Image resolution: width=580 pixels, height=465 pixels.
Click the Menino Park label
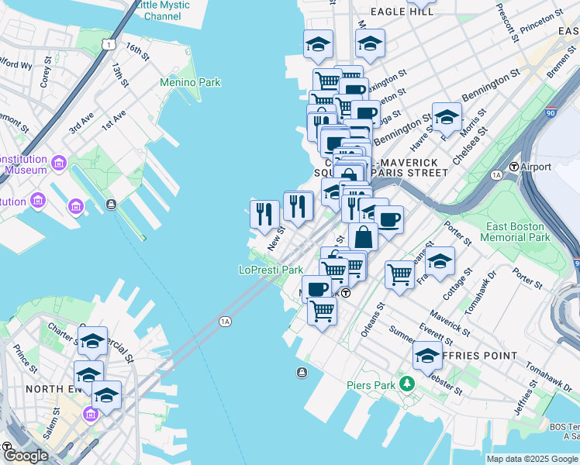tap(190, 82)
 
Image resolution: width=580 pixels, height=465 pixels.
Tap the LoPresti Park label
tap(270, 270)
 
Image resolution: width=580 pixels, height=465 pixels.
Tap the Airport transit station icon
tap(513, 167)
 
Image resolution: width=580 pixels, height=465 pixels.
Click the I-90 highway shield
tap(551, 112)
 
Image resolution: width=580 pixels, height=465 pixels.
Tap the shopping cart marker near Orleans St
tap(399, 274)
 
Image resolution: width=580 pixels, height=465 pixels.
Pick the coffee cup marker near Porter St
tap(388, 219)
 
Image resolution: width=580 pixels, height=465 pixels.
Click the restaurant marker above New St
tap(264, 214)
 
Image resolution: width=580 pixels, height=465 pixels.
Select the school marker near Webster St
tap(427, 355)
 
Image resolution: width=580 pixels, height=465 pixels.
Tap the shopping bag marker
tap(363, 237)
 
